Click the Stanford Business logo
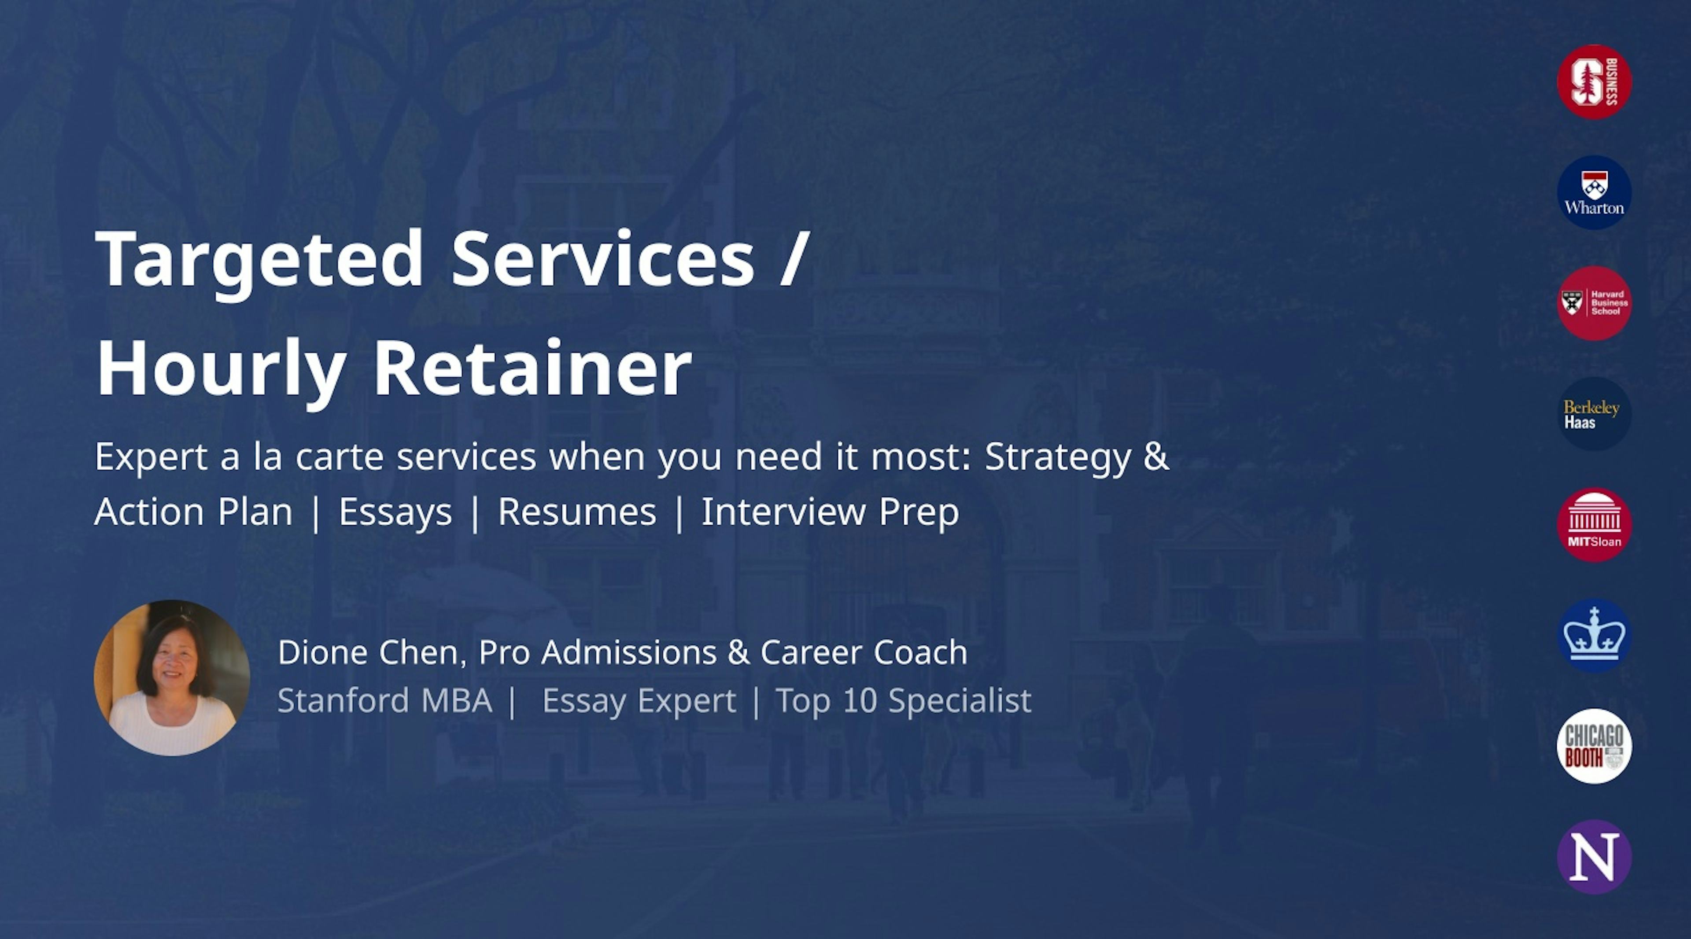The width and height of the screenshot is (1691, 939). click(1594, 82)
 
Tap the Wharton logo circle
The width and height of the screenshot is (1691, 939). click(1594, 192)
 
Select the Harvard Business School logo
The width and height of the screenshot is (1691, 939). click(1594, 303)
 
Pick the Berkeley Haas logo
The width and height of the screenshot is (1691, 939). click(1594, 414)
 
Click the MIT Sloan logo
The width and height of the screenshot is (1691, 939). click(1594, 524)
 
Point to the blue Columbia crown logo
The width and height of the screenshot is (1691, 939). click(1594, 635)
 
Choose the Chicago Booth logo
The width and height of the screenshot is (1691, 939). click(1594, 746)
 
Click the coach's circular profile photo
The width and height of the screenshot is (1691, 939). click(172, 678)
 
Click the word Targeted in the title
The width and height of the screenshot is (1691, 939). click(260, 259)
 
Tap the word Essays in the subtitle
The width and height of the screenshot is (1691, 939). click(395, 512)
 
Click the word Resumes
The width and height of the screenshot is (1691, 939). click(577, 512)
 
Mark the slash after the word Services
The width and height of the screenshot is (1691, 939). click(792, 259)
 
